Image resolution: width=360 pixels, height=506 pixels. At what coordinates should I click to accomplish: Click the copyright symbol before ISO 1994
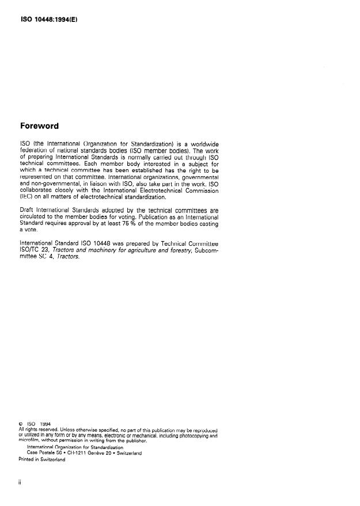click(21, 425)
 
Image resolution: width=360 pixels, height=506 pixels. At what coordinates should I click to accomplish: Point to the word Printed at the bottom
click(26, 459)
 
